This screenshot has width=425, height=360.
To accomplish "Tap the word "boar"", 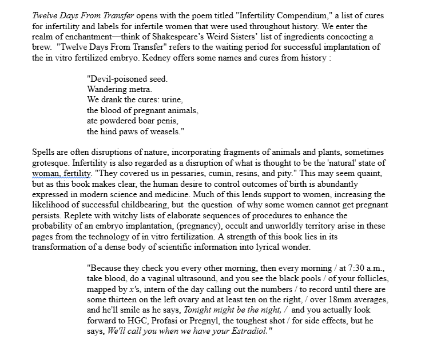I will pos(152,121).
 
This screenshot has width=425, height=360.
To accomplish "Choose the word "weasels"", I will pos(164,131).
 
